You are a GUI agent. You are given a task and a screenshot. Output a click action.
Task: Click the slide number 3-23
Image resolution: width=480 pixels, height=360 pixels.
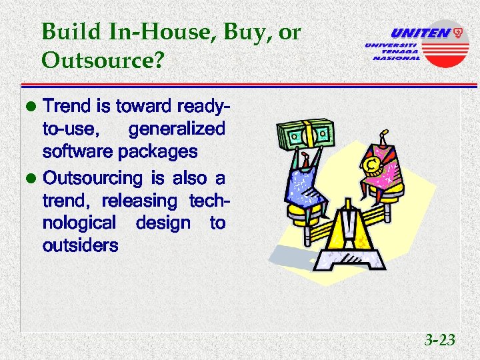click(x=440, y=341)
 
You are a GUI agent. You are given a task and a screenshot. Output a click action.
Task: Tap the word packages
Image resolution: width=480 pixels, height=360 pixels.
click(x=157, y=151)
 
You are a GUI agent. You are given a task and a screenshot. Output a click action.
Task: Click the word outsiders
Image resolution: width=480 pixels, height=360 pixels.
click(x=80, y=245)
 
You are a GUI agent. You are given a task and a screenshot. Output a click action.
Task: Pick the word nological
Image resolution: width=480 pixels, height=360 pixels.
click(x=79, y=223)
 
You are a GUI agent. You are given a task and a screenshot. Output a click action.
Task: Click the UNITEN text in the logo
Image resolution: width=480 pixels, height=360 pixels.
click(x=419, y=33)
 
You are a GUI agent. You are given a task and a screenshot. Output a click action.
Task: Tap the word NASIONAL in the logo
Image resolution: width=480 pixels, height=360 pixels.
click(x=396, y=58)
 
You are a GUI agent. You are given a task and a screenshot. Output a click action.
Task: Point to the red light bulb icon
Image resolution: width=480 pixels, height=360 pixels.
click(x=457, y=31)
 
